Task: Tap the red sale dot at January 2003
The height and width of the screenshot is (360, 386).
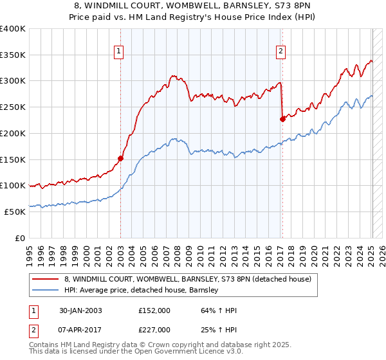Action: [x=120, y=158]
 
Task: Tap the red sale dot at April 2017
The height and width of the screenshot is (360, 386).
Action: [x=282, y=119]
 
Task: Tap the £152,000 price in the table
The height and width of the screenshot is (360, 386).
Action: [x=154, y=310]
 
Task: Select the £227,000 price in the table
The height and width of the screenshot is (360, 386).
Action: [x=154, y=330]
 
